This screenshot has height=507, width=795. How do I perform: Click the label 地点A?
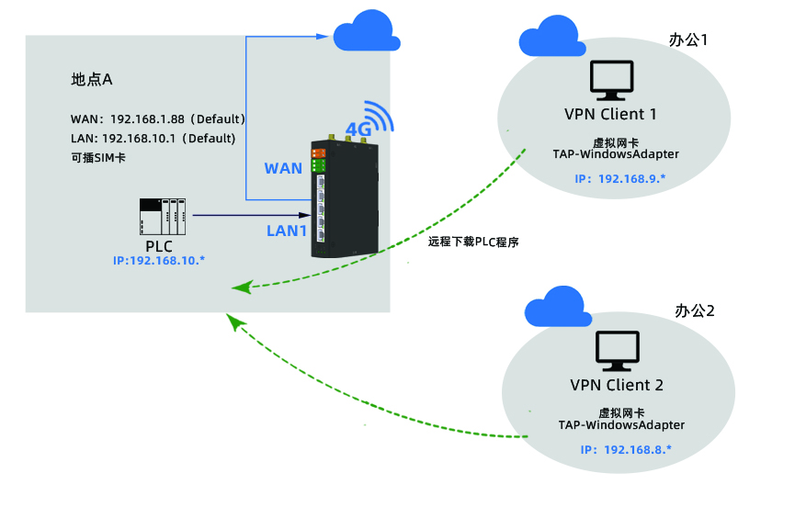(x=92, y=80)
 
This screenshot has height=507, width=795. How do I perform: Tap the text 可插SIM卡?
(x=98, y=157)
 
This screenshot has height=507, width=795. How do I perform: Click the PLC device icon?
(x=161, y=217)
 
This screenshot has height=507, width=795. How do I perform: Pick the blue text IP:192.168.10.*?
(x=159, y=261)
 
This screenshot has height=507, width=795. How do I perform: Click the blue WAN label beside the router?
(x=283, y=168)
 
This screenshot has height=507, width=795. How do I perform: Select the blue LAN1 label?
(x=286, y=231)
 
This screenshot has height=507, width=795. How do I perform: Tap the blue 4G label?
(x=358, y=130)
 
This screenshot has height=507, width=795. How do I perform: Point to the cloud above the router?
(x=366, y=34)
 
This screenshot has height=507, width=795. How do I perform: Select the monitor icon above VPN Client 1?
(x=611, y=81)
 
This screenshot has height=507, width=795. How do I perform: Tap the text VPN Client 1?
(x=610, y=115)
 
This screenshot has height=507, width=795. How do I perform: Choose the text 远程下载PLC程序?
(x=474, y=242)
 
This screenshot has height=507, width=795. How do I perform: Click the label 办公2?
(x=695, y=310)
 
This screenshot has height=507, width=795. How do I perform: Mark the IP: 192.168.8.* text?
(x=626, y=449)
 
